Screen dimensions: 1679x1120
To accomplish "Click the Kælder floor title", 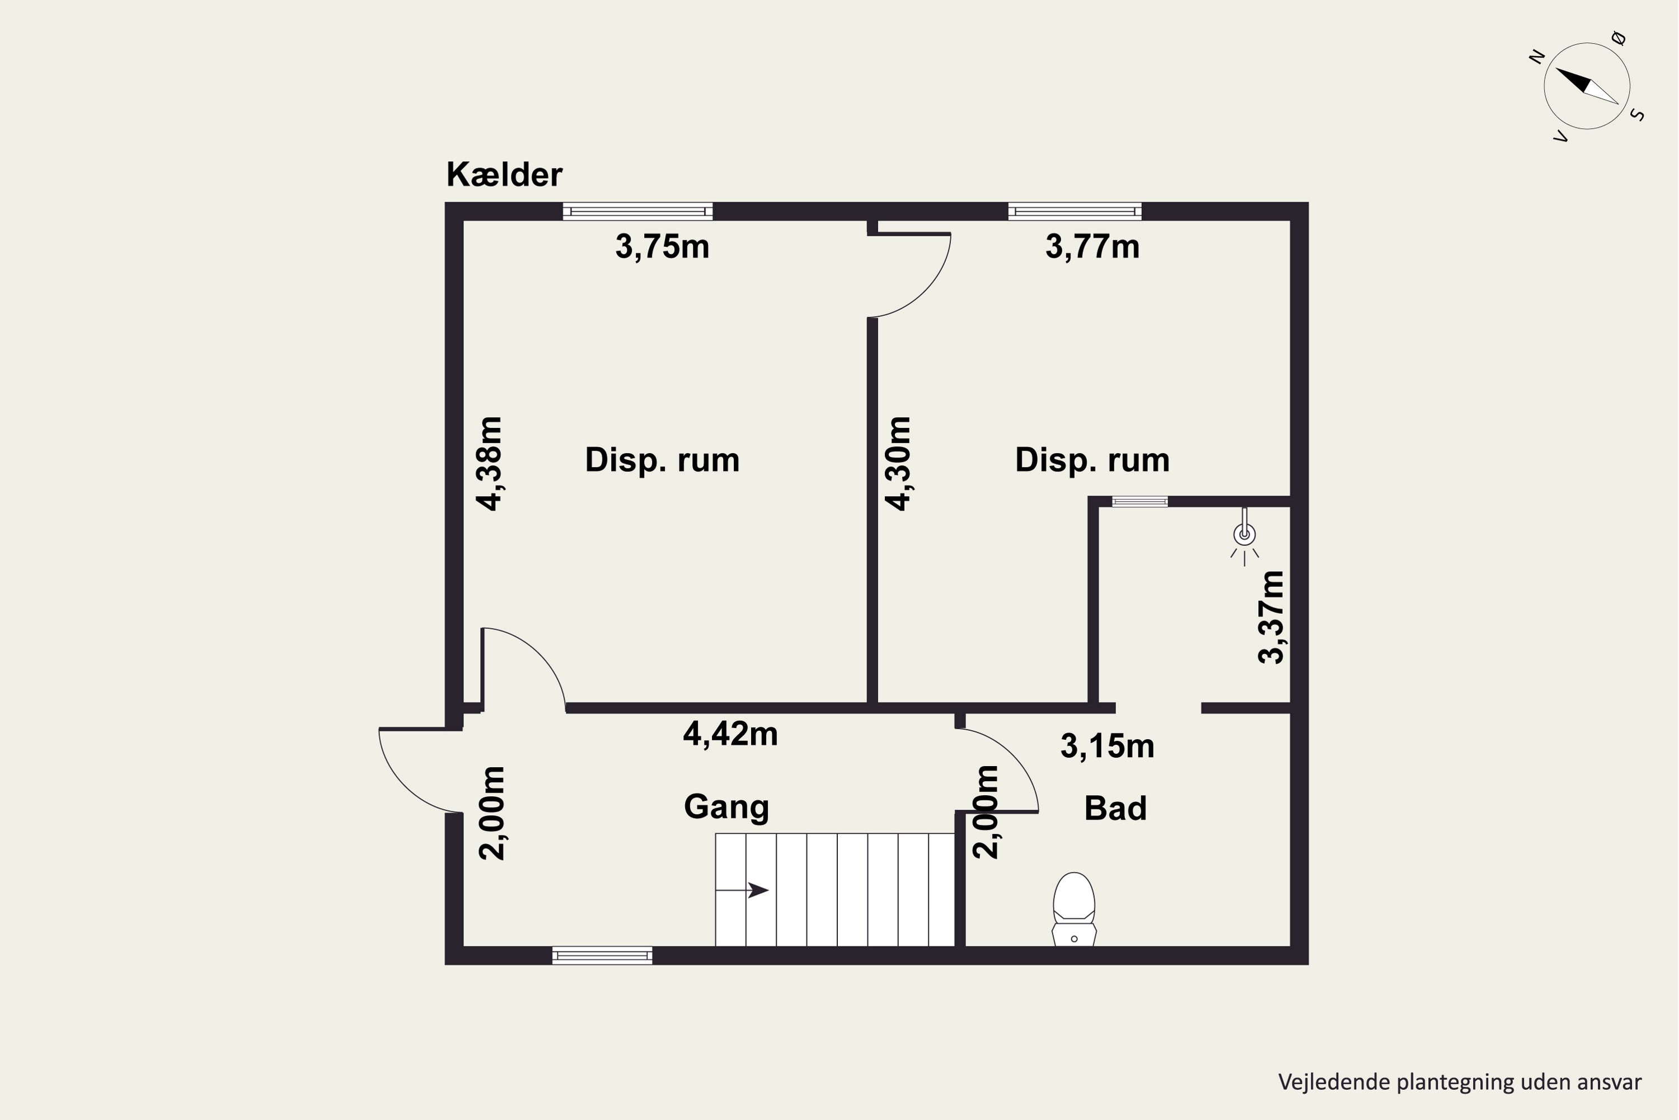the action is click(504, 175).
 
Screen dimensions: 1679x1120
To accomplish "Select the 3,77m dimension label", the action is click(1092, 247).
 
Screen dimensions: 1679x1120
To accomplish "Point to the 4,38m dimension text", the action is click(490, 464).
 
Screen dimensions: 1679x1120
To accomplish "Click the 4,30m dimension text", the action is click(898, 464).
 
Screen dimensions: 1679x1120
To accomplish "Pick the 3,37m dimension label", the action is click(1270, 617).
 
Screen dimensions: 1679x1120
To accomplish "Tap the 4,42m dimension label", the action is click(730, 734).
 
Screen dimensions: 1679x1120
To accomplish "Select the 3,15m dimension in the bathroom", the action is click(1107, 746).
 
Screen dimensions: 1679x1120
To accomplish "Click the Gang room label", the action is click(726, 807).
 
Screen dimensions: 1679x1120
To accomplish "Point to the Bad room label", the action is click(1115, 809).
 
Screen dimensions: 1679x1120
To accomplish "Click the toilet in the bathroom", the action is click(1073, 909).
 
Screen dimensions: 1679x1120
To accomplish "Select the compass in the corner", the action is click(1586, 86).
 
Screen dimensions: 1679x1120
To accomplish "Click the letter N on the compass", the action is click(1537, 57).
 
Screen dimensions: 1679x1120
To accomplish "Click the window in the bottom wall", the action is click(602, 956).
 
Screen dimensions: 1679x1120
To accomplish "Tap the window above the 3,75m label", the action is click(637, 212).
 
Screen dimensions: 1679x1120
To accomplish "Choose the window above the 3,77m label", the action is click(1075, 212).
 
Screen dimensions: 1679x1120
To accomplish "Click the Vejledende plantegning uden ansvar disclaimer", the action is click(1460, 1081).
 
